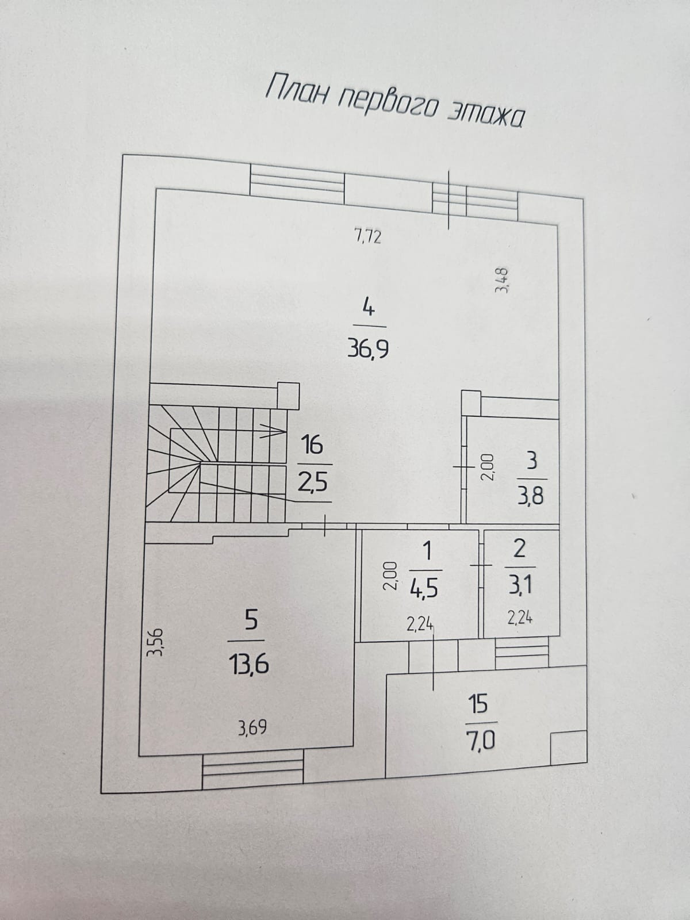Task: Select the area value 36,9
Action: click(x=368, y=349)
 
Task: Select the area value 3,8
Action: click(x=530, y=495)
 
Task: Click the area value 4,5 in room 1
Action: click(x=425, y=588)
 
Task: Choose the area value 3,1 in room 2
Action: click(x=519, y=586)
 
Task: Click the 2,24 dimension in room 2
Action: click(x=520, y=618)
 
